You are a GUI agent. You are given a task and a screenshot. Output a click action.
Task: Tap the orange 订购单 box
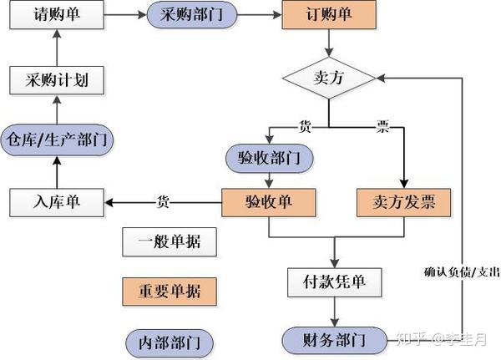(x=328, y=15)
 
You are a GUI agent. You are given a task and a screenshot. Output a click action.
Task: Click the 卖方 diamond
(x=328, y=79)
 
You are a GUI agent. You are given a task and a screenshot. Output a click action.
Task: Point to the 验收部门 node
(x=268, y=156)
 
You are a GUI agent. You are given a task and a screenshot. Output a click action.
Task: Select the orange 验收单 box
(x=268, y=201)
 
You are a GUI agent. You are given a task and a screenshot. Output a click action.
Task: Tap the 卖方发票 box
(x=403, y=201)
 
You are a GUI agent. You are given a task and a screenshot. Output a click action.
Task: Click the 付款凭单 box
(x=335, y=281)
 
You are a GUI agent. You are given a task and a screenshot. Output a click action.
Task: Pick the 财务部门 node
(x=335, y=339)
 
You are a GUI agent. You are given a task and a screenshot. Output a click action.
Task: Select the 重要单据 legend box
(x=170, y=292)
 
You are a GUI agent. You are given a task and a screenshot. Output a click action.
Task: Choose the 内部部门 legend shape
(x=170, y=342)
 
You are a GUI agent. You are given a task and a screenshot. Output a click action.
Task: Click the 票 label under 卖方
(x=382, y=127)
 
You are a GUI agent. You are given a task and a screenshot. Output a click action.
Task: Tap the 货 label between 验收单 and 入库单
(x=164, y=201)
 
